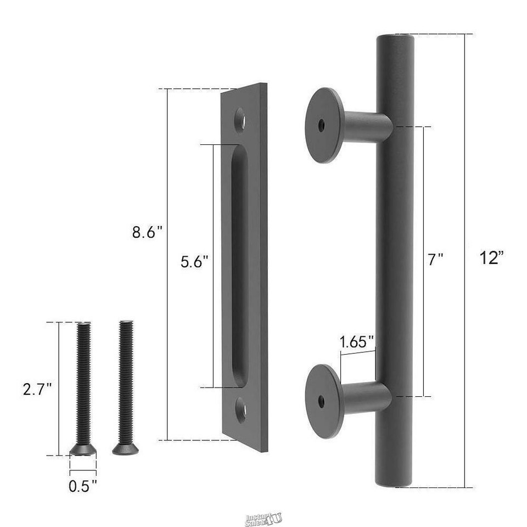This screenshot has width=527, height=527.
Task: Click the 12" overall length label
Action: tap(491, 258)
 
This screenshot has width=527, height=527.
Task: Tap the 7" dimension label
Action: tap(435, 259)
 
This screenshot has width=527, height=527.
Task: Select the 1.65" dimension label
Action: tap(357, 343)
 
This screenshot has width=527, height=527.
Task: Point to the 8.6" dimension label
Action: tap(147, 232)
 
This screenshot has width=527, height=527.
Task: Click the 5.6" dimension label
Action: tap(195, 262)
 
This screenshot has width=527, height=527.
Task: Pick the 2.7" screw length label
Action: tap(37, 389)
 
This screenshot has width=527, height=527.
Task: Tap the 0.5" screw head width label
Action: tap(83, 485)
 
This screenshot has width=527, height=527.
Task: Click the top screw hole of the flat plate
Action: tap(240, 119)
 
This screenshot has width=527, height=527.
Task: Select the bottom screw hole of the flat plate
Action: tap(240, 411)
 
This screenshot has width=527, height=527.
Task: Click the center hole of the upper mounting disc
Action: tap(321, 125)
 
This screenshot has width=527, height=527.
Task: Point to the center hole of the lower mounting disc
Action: tap(321, 401)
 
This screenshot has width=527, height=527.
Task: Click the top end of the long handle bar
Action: tap(395, 40)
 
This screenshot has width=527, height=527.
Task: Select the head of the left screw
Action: tap(83, 450)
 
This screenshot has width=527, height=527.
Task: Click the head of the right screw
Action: tap(125, 449)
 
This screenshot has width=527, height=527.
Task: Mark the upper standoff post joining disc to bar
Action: tap(367, 126)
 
